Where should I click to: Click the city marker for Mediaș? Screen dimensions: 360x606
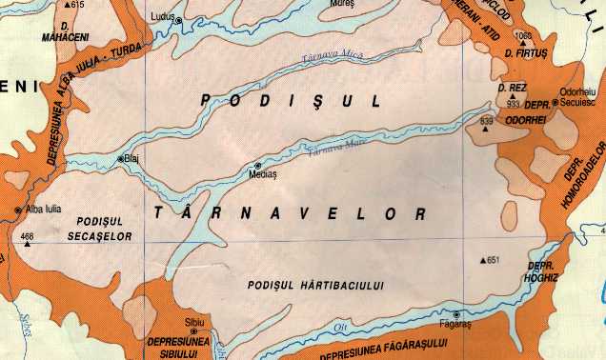[x=257, y=166]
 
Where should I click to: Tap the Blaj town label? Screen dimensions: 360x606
[x=132, y=159]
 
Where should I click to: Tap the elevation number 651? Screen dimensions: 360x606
[x=493, y=260]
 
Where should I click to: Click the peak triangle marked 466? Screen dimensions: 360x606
[x=27, y=244]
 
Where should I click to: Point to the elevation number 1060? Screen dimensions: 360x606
[x=521, y=37]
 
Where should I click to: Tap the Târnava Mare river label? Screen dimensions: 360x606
[x=342, y=144]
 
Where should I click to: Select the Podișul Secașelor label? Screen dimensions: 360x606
[x=101, y=229]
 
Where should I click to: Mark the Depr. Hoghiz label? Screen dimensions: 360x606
[x=540, y=272]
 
